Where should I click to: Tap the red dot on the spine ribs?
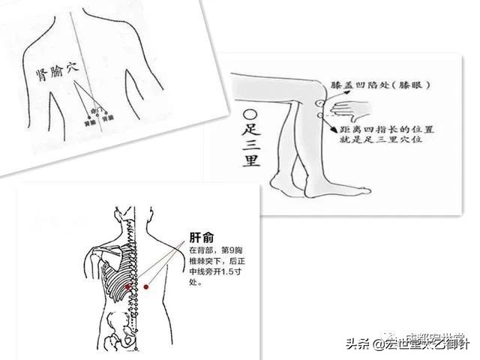(x=130, y=287)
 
